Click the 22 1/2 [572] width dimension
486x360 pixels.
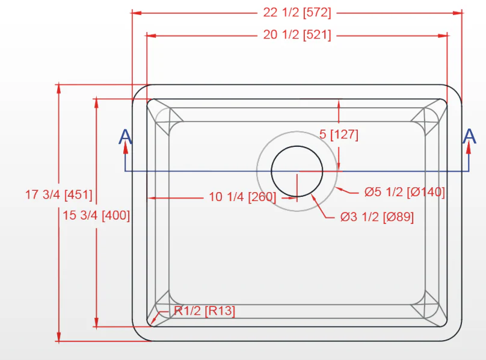[297, 12]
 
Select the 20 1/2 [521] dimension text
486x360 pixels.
[297, 35]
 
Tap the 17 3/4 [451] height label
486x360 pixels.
[58, 195]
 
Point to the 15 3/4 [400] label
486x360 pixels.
[96, 215]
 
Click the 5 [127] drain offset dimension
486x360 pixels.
[339, 134]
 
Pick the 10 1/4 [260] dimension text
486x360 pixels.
[242, 197]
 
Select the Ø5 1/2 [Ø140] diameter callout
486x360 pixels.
[404, 193]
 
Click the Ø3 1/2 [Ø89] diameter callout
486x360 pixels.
[377, 217]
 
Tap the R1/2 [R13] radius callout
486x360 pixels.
[205, 311]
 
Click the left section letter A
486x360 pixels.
[125, 137]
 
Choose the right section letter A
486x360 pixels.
[469, 137]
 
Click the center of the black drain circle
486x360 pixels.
[297, 172]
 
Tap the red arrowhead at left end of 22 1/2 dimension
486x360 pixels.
[137, 12]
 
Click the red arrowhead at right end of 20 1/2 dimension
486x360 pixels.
[444, 36]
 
